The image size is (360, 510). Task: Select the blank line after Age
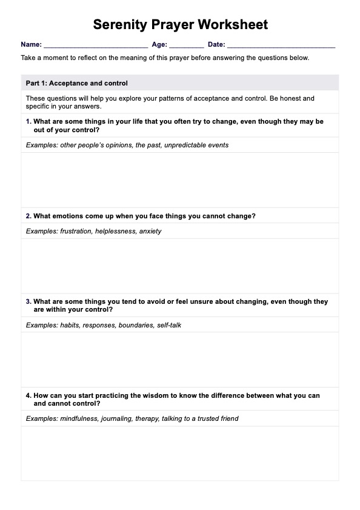click(x=187, y=45)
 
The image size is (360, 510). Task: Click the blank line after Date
click(x=281, y=45)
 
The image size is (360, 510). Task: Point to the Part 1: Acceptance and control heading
click(x=77, y=83)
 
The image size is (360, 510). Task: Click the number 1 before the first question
click(x=28, y=121)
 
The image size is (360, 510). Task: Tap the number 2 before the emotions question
click(x=28, y=216)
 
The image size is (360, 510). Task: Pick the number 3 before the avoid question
click(x=28, y=301)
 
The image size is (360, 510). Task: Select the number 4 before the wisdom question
click(x=28, y=395)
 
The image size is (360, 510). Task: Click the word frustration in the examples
click(x=76, y=231)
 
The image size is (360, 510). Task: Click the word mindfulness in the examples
click(x=79, y=418)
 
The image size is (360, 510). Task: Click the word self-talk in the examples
click(x=169, y=325)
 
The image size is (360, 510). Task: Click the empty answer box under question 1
click(x=180, y=180)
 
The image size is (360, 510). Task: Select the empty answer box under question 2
click(x=180, y=266)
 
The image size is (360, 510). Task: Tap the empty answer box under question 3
click(x=180, y=360)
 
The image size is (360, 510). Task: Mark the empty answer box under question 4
click(x=180, y=453)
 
